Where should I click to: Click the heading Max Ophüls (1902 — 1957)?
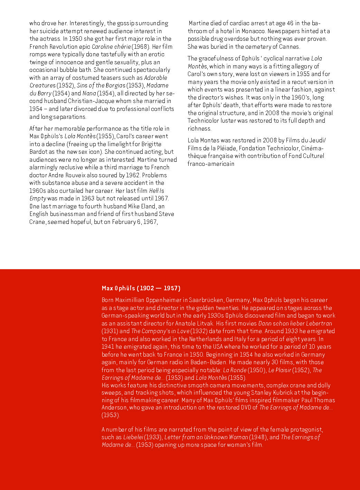tap(141, 288)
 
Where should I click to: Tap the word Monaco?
tap(253, 31)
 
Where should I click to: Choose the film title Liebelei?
tap(133, 437)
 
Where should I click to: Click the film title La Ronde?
tap(235, 370)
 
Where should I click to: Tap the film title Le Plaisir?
tap(280, 370)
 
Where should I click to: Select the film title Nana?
tap(89, 93)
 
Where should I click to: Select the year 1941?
tap(107, 347)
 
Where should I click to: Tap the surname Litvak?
tap(203, 323)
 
